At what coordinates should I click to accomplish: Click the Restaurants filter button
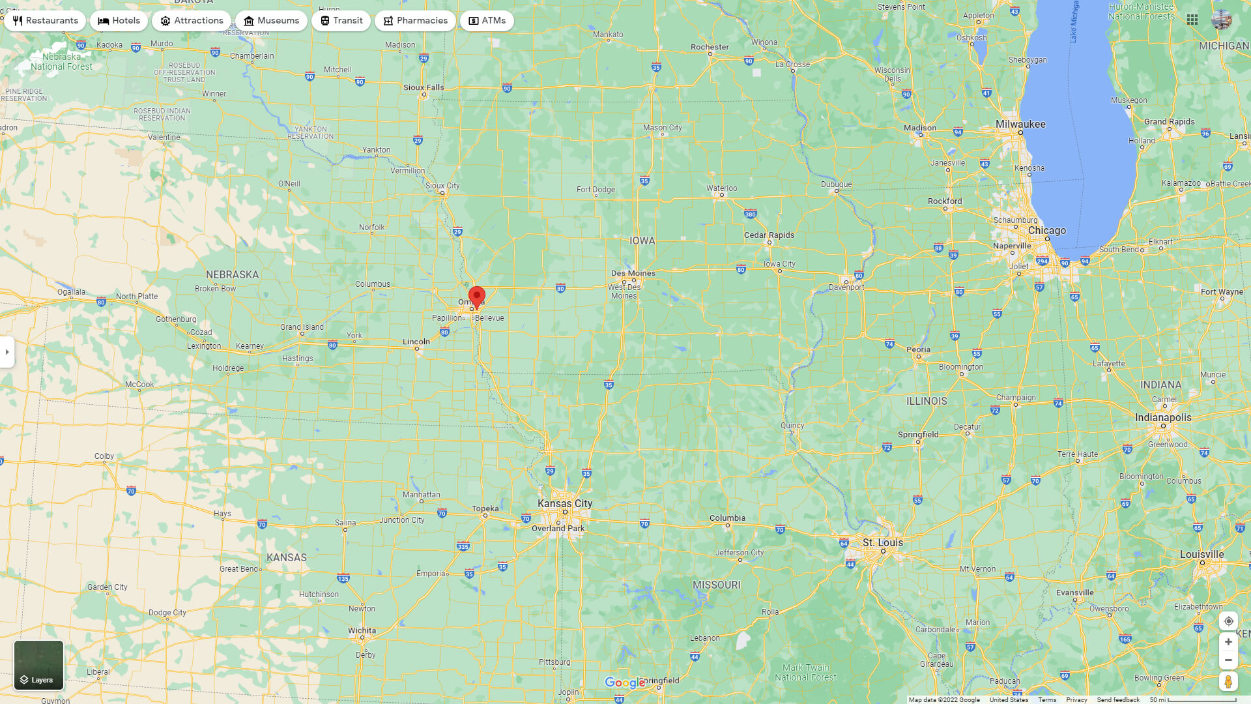(45, 21)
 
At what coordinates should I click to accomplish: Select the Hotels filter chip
(119, 21)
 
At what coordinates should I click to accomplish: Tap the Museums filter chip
(271, 21)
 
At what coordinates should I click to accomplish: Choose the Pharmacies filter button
(415, 21)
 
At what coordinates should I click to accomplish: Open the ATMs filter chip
(487, 21)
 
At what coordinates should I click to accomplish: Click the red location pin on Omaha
(477, 296)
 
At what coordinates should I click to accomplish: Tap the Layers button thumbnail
(39, 665)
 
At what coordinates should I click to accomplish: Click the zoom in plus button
(1228, 642)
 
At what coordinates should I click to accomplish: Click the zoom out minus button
(1228, 660)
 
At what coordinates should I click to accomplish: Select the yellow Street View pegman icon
(1228, 682)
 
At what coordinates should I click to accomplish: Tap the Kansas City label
(565, 503)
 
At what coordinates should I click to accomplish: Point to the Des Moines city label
(633, 273)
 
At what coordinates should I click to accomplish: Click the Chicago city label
(1047, 231)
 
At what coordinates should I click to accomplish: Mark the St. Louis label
(883, 542)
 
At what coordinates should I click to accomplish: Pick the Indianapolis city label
(1163, 417)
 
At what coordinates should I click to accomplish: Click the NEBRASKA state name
(233, 274)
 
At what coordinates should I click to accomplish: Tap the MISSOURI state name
(717, 585)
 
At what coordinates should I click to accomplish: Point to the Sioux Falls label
(424, 87)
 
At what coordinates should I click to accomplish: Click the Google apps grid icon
(1192, 20)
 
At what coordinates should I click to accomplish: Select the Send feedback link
(1118, 700)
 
